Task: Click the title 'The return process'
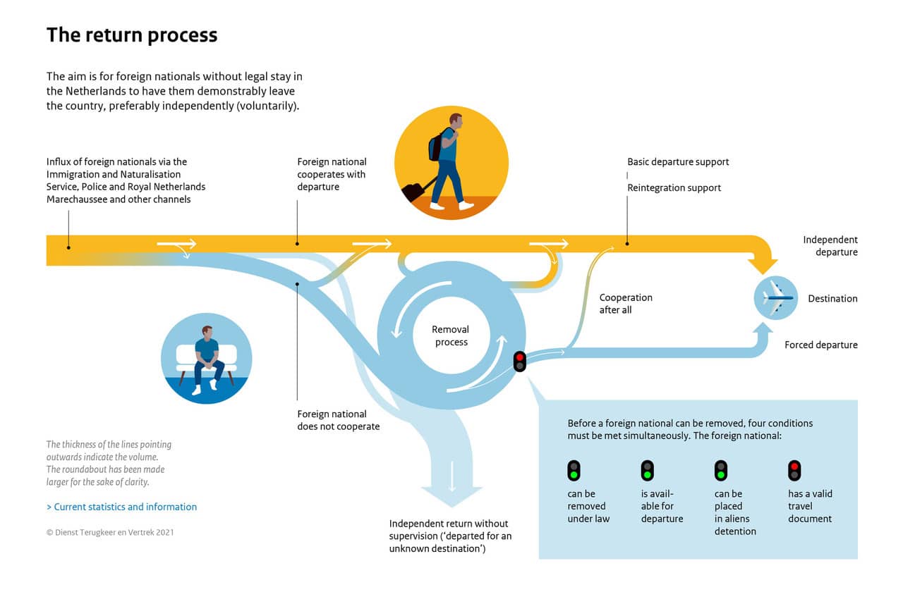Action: [132, 35]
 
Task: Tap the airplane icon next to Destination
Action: [776, 298]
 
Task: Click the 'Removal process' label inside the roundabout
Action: [451, 335]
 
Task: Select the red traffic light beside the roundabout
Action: [520, 362]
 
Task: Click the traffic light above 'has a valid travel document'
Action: [794, 470]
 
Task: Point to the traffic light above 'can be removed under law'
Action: [574, 470]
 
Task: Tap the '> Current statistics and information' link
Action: [121, 507]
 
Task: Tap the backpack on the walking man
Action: [436, 146]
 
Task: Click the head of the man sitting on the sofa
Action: [207, 332]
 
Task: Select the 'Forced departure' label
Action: [821, 345]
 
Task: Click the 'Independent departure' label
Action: [830, 246]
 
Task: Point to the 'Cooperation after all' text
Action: [626, 304]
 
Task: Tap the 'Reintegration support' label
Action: [674, 188]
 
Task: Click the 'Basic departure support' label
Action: [678, 162]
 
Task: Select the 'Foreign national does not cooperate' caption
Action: [338, 420]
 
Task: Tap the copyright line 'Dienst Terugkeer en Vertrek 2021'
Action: [110, 532]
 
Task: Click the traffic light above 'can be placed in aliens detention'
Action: [721, 470]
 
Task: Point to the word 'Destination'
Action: [832, 299]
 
